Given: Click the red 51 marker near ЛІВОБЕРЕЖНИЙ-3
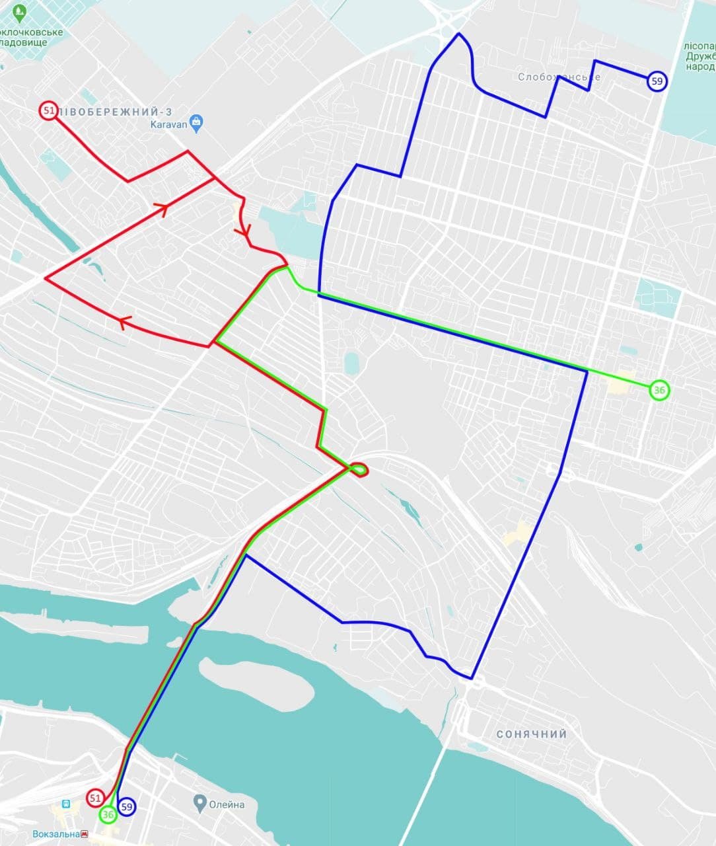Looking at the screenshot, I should click(x=48, y=110).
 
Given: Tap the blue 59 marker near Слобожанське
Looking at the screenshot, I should click(x=657, y=81).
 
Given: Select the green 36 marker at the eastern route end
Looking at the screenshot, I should click(x=659, y=390).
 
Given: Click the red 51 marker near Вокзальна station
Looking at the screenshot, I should click(x=95, y=798).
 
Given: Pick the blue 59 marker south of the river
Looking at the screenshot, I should click(x=127, y=806).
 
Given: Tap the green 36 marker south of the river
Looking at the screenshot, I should click(x=108, y=815).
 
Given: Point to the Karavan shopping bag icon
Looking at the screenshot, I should click(x=196, y=122).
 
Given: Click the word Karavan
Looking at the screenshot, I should click(x=168, y=124).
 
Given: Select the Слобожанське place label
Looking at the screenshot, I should click(x=559, y=77).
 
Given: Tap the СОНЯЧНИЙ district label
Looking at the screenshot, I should click(x=532, y=734).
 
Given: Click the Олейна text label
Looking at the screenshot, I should click(x=227, y=804).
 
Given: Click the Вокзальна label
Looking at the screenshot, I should click(x=55, y=834).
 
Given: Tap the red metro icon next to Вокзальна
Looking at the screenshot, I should click(x=85, y=834).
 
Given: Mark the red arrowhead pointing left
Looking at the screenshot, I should click(x=124, y=322).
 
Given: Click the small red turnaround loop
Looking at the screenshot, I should click(x=359, y=470).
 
